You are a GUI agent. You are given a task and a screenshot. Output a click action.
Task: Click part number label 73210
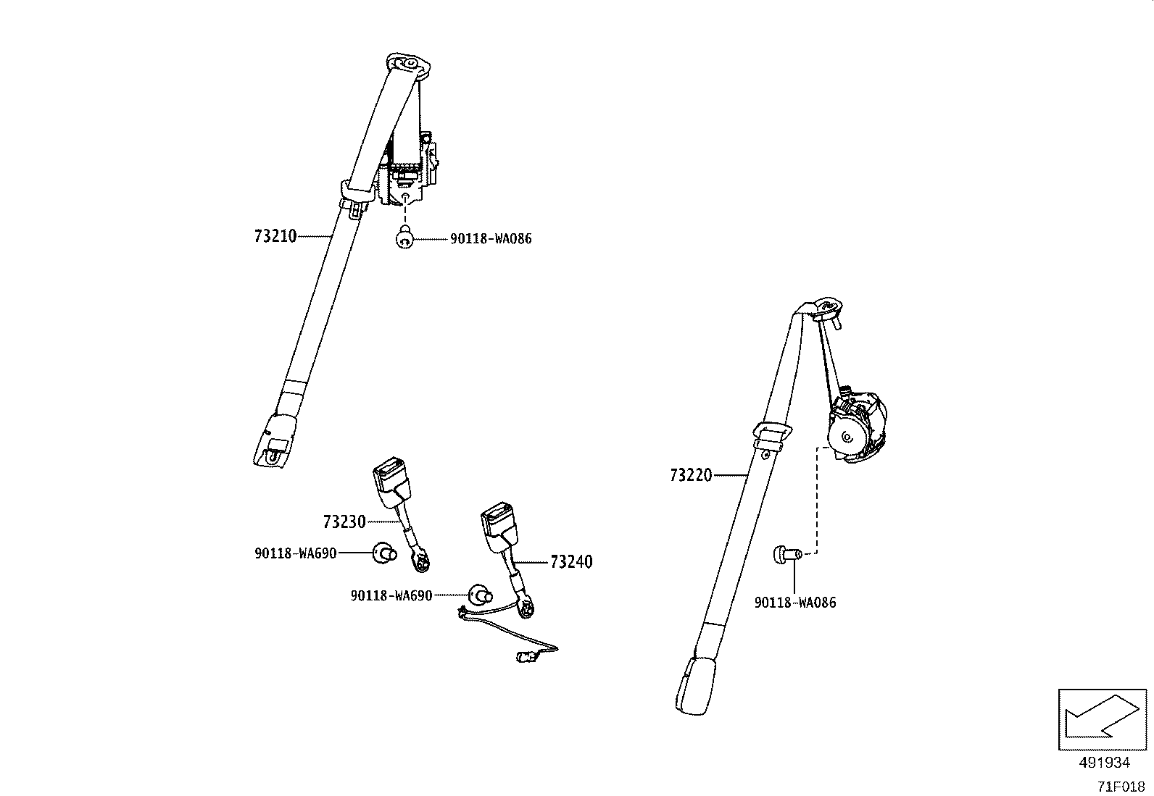tap(275, 236)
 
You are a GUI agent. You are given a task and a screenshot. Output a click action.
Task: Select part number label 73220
tap(691, 475)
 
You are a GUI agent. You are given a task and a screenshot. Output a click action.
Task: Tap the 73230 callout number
tap(344, 522)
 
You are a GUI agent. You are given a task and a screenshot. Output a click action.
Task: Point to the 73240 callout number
tap(571, 562)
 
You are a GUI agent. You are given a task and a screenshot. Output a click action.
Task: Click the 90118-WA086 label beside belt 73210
tap(491, 239)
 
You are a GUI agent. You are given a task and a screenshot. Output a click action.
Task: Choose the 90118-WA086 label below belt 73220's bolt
tap(795, 603)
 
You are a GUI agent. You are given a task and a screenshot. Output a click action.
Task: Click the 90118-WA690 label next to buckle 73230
tap(295, 553)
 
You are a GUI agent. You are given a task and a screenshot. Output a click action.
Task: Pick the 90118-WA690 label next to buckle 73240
tap(391, 595)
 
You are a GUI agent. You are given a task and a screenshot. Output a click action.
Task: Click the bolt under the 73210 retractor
tap(405, 238)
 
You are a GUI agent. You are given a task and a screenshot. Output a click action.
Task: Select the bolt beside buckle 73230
tap(385, 553)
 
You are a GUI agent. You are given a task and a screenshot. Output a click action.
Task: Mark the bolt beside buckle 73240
tap(480, 595)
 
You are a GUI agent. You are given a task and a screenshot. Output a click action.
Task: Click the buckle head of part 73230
tap(391, 482)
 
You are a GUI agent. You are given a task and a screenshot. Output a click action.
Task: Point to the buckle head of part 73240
tap(498, 527)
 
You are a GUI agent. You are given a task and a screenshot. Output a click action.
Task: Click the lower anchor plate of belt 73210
tap(275, 441)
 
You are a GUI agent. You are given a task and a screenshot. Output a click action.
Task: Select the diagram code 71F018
tap(1121, 787)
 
